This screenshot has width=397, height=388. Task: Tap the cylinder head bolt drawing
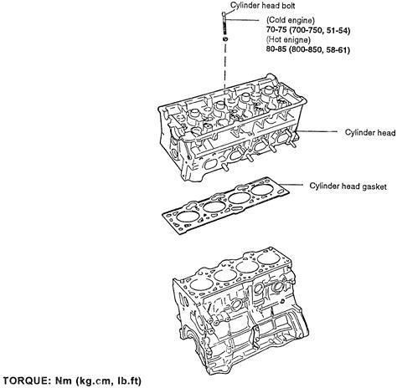pos(224,24)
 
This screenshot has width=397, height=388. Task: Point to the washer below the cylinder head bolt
pos(224,40)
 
